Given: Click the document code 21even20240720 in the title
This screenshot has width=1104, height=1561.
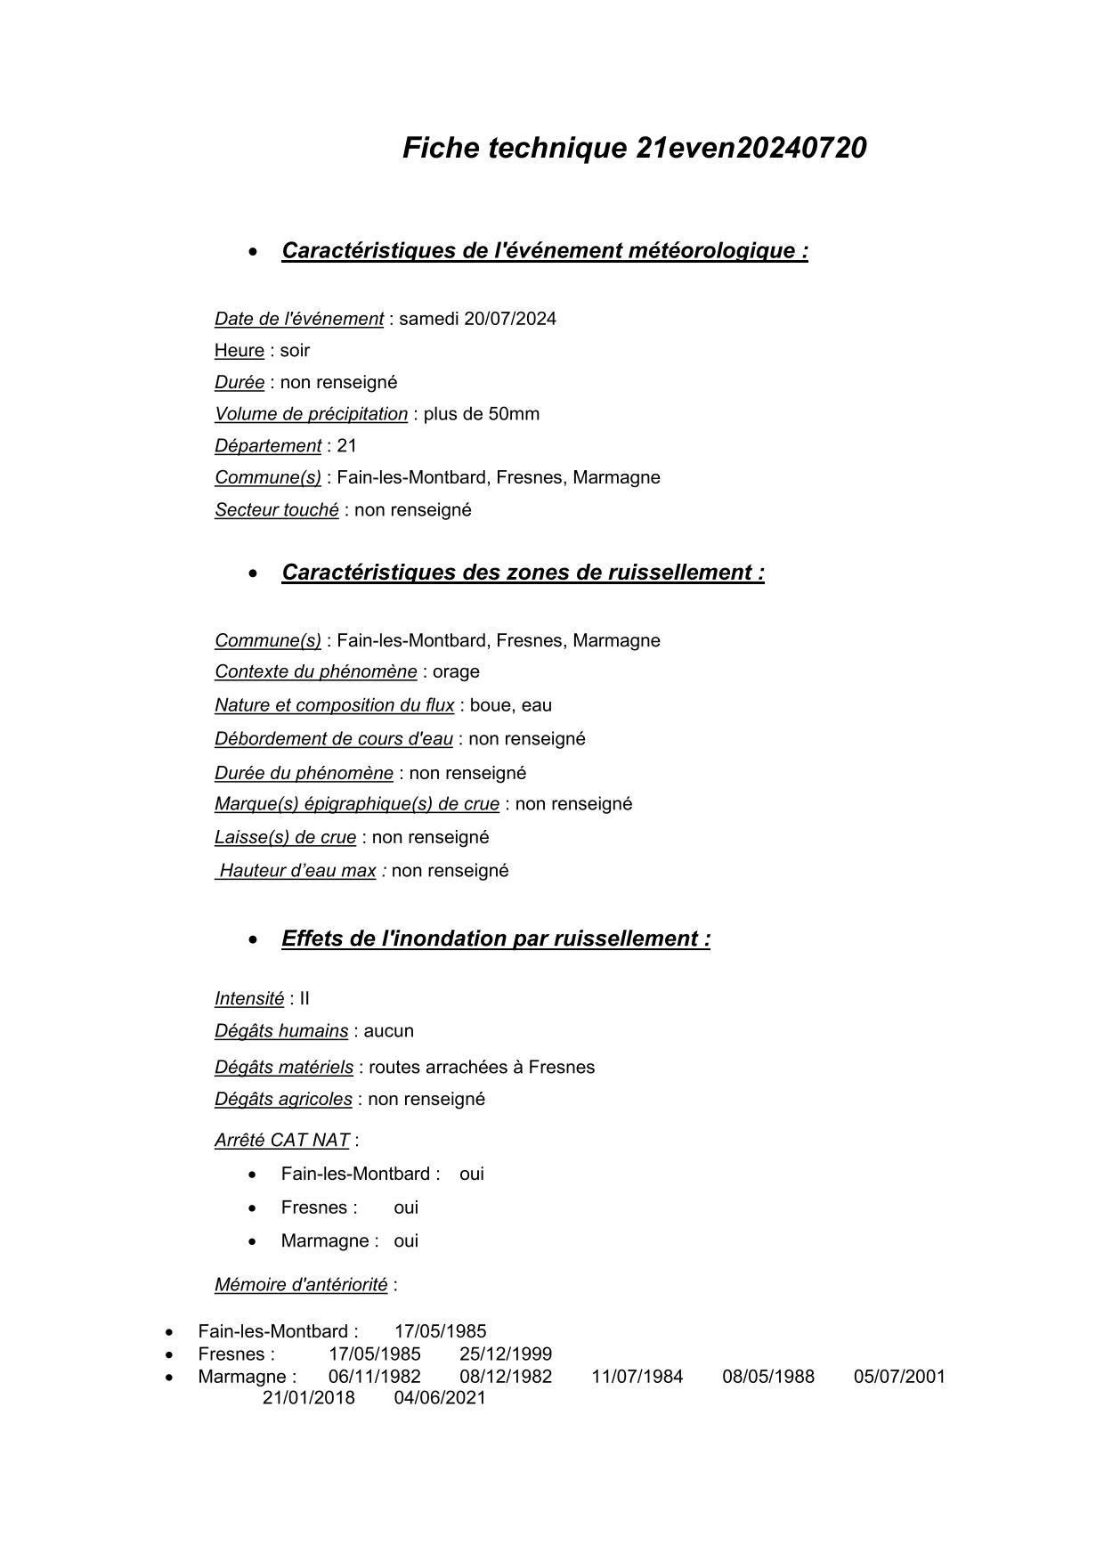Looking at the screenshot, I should [x=751, y=148].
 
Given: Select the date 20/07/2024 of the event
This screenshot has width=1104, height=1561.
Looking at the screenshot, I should [x=510, y=319].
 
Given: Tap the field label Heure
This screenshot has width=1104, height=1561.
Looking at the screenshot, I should [x=239, y=351].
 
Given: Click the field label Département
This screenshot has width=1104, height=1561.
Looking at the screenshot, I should [x=267, y=446].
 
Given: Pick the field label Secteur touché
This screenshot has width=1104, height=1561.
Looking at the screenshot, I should [x=276, y=510].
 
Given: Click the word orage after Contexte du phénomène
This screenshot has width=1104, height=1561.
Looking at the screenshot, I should [x=456, y=672].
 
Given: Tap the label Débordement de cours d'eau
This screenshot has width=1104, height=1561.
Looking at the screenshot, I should [x=333, y=739].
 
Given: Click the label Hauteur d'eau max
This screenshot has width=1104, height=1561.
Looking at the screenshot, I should [x=297, y=871].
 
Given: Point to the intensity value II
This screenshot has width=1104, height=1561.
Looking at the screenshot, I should [x=304, y=999].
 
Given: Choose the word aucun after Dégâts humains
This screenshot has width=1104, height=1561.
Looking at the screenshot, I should [x=388, y=1031].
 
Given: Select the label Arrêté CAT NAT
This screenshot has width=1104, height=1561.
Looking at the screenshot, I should [x=281, y=1141].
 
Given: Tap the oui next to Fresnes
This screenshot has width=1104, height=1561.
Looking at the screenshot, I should [x=406, y=1208].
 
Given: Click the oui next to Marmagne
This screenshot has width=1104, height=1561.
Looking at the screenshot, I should [x=406, y=1241].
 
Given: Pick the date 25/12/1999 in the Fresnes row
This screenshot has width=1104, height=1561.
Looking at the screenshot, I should [x=506, y=1354].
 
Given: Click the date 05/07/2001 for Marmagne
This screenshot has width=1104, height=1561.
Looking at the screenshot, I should [x=899, y=1377].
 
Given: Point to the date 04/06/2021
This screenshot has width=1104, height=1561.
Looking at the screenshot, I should [x=440, y=1398].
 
